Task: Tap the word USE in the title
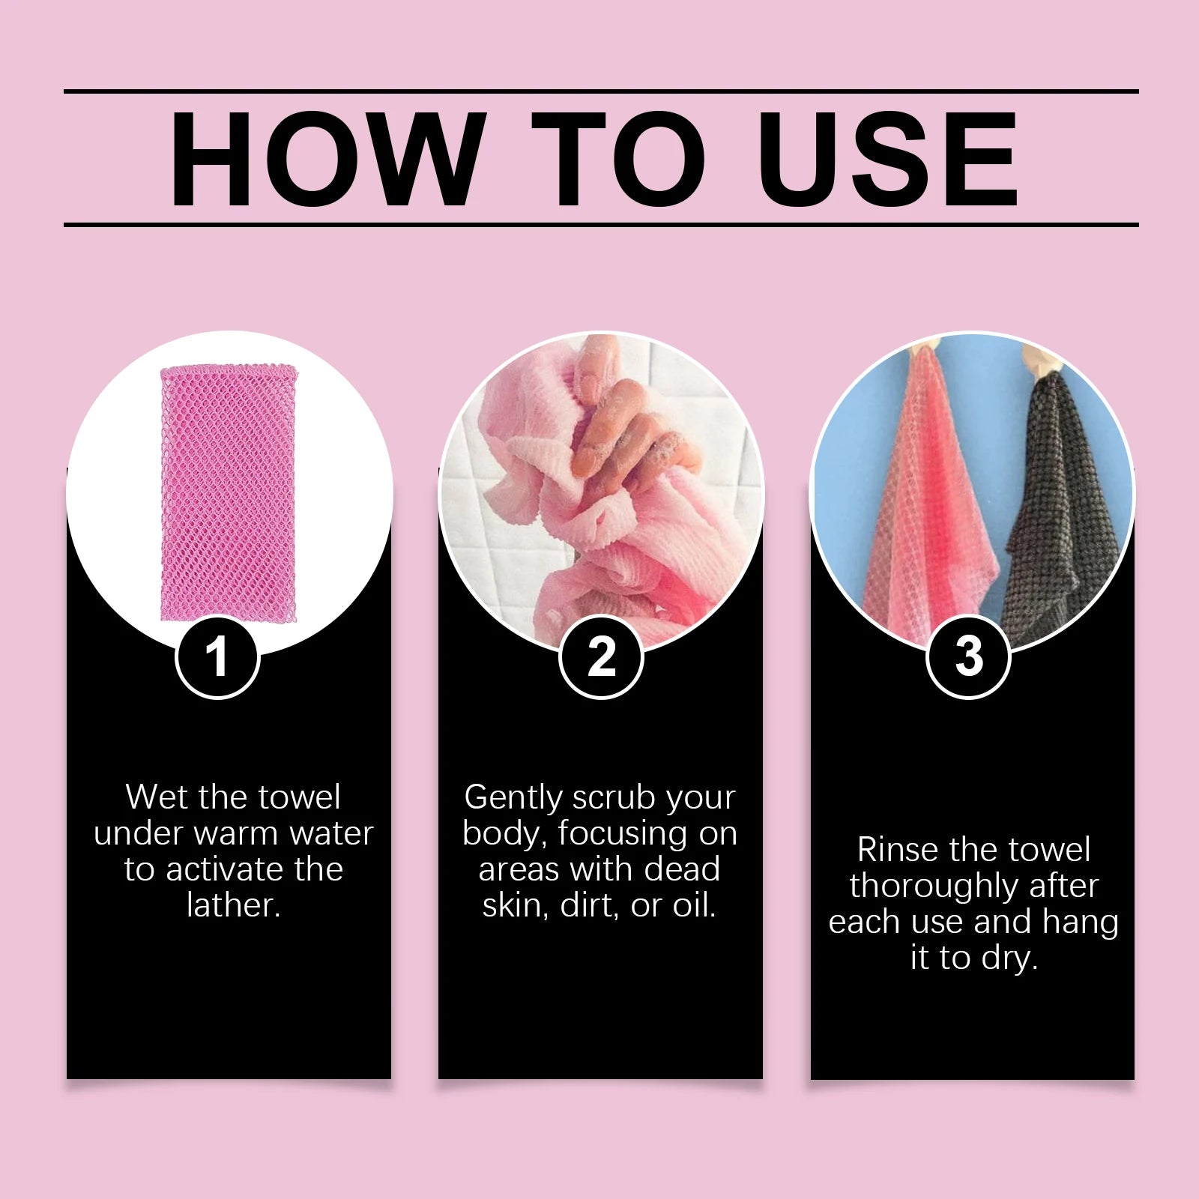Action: coord(888,159)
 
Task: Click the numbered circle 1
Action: coord(217,657)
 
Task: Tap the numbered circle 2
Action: coord(601,657)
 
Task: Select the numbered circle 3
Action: coord(969,657)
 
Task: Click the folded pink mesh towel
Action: coord(229,492)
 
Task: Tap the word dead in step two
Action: coord(682,869)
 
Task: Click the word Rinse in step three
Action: coord(897,850)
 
